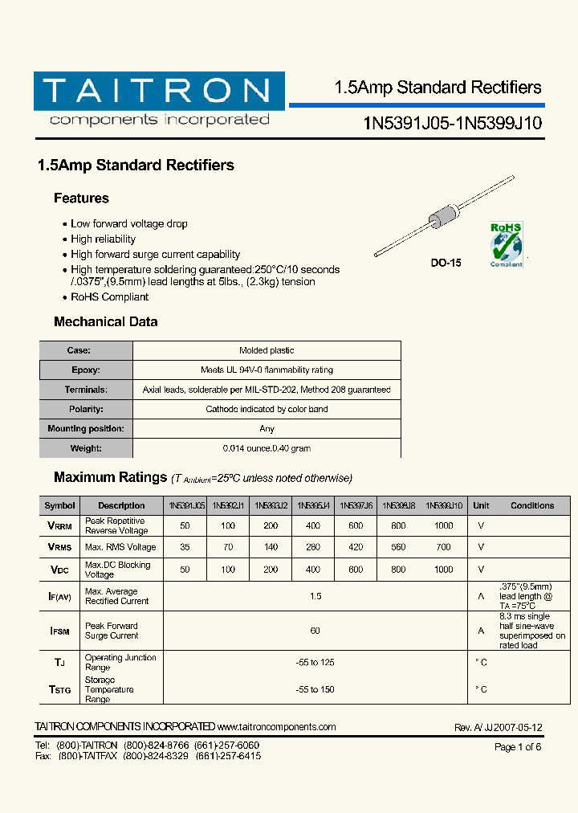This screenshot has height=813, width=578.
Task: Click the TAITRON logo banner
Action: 159,92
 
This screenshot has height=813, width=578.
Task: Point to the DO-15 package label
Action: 446,263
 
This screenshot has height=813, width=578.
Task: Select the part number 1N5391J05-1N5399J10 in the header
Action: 453,123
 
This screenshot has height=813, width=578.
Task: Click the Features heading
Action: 81,198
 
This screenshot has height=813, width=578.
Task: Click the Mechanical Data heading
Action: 105,321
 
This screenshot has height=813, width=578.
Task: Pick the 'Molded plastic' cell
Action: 267,350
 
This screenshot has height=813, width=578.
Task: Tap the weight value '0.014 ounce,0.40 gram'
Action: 267,448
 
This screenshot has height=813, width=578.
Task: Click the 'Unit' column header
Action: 481,505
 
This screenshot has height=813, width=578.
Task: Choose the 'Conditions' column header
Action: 531,505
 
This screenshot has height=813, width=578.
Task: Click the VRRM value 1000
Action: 443,525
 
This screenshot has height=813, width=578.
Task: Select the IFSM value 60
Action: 315,631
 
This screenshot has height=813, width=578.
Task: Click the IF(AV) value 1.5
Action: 315,596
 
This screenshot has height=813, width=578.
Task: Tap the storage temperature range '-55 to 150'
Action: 315,689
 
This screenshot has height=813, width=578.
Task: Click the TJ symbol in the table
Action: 59,663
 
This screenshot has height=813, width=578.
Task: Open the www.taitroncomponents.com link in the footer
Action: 276,727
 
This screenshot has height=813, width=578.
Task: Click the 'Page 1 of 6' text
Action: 518,747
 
